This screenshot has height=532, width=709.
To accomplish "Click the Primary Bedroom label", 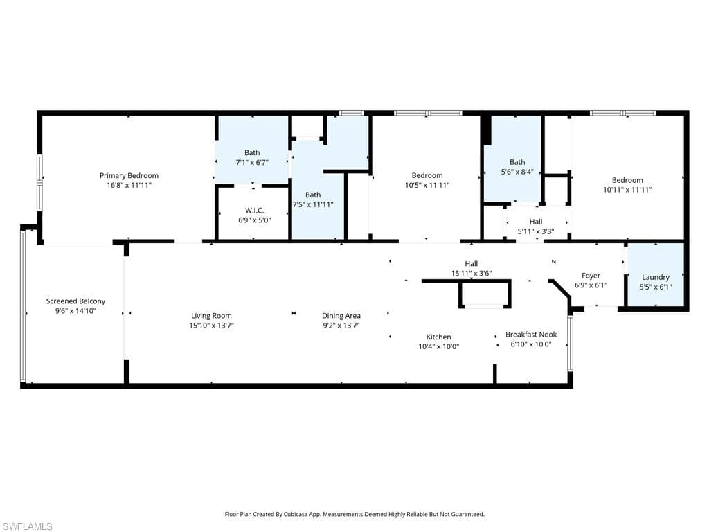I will pos(129,175).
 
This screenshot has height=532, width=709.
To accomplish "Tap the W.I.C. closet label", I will pos(255,210).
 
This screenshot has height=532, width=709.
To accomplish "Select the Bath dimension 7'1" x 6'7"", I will pos(252,162).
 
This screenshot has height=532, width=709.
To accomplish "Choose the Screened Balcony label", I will pos(75,301).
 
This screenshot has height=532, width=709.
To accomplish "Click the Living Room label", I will pos(211,315).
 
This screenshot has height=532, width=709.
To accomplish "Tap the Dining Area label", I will pos(341,315).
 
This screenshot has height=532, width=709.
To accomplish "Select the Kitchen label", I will pos(438,337).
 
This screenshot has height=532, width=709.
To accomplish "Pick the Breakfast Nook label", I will pos(531,334).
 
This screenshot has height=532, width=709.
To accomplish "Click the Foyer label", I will pos(591,275).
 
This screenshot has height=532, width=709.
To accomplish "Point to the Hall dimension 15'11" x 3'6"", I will pos(471,273).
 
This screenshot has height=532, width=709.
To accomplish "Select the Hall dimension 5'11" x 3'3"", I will pos(536,231).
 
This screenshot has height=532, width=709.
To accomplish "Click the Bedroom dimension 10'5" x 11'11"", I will pos(427,185).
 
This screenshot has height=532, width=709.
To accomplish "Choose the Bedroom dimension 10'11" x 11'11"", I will pos(628,189).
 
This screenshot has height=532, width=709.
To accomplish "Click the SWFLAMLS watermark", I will pos(26,526).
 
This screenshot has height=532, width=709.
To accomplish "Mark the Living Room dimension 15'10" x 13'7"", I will pos(211,325).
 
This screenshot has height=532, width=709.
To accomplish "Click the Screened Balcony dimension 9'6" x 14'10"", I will pos(75,311).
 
